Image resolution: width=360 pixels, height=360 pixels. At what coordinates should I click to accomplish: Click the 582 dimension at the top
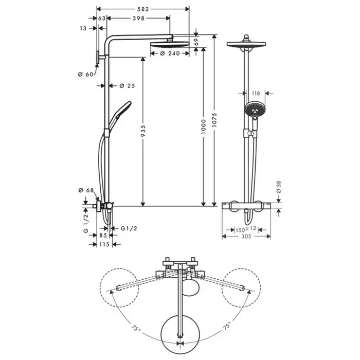click(x=143, y=9)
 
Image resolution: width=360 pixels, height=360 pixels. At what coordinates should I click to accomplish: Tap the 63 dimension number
click(x=102, y=18)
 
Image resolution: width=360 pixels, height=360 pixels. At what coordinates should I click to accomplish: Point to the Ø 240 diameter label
click(x=166, y=53)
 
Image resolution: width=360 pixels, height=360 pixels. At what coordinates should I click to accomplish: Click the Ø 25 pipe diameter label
click(x=127, y=86)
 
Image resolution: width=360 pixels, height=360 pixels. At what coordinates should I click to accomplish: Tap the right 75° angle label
click(x=226, y=327)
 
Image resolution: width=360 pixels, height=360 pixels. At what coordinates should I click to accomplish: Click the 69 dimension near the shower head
click(x=196, y=43)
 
